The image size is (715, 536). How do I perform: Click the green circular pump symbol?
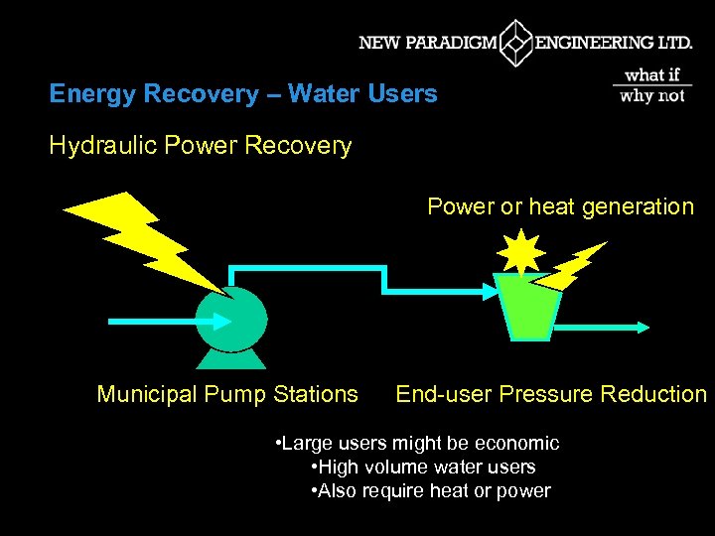232,319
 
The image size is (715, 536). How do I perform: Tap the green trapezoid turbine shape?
526,307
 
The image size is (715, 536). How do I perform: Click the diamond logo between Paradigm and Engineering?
515,43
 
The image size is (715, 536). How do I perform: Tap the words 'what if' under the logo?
652,74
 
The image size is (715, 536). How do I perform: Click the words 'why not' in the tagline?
652,95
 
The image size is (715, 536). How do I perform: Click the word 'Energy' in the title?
92,94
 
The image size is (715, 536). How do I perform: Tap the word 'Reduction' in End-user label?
657,394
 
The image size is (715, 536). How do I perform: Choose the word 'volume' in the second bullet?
401,467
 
